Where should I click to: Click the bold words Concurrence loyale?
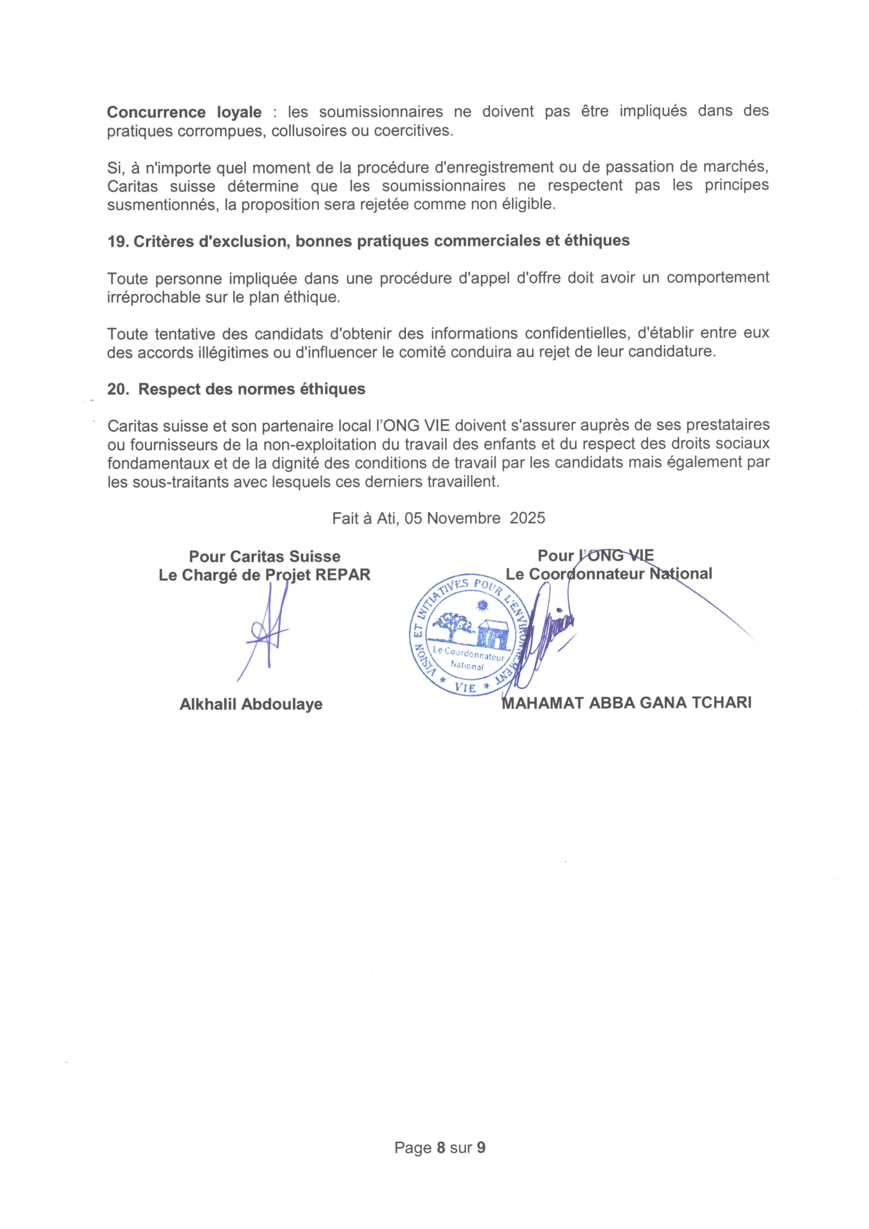[x=184, y=112]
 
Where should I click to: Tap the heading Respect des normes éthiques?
[x=252, y=389]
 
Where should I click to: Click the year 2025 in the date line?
[x=527, y=518]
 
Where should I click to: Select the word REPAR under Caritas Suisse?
[x=343, y=575]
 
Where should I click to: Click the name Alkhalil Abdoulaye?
[x=251, y=704]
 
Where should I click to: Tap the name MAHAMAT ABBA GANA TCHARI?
[x=627, y=703]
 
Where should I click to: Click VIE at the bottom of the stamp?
[x=464, y=687]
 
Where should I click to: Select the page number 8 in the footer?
[x=441, y=1148]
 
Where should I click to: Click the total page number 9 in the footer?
[x=481, y=1148]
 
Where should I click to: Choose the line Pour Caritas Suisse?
[x=264, y=556]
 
